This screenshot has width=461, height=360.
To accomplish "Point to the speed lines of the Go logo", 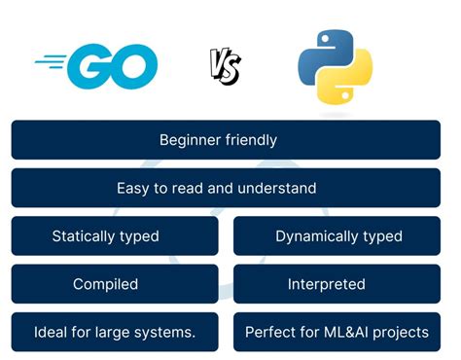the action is click(51, 61).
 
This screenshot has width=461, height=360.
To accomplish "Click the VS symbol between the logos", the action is click(225, 66).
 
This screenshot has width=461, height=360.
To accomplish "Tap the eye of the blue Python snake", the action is click(325, 39).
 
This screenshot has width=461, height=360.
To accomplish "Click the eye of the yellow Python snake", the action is click(345, 95).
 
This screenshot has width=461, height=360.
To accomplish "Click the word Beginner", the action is click(190, 140).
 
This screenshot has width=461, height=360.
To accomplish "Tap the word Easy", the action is click(133, 189).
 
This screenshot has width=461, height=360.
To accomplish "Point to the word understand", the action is click(276, 188).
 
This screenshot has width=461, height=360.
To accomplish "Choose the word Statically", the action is click(83, 236).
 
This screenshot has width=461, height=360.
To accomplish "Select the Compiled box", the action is click(115, 284).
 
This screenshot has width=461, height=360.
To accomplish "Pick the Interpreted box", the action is click(337, 284).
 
